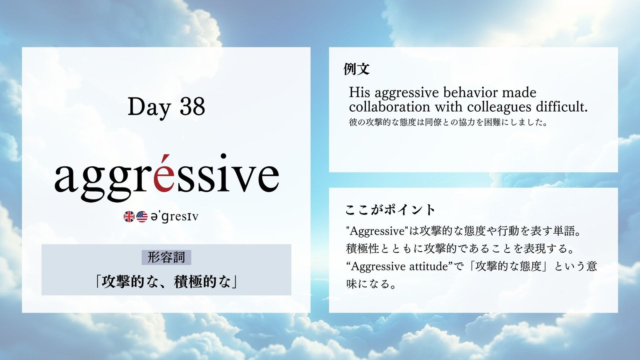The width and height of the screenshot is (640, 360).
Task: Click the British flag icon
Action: [129, 216]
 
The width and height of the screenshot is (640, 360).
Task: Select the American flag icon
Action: [142, 216]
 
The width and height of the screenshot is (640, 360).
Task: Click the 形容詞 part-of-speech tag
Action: [166, 258]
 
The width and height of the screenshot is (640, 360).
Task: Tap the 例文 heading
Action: [357, 69]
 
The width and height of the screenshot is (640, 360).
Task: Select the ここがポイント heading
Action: [390, 210]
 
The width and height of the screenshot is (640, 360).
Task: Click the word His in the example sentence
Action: [360, 92]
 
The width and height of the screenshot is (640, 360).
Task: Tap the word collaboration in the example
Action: [390, 107]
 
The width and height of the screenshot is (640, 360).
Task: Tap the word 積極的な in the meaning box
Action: [202, 282]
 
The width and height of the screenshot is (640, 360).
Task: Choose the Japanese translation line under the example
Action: [448, 122]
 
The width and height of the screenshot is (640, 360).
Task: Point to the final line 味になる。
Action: [370, 284]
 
